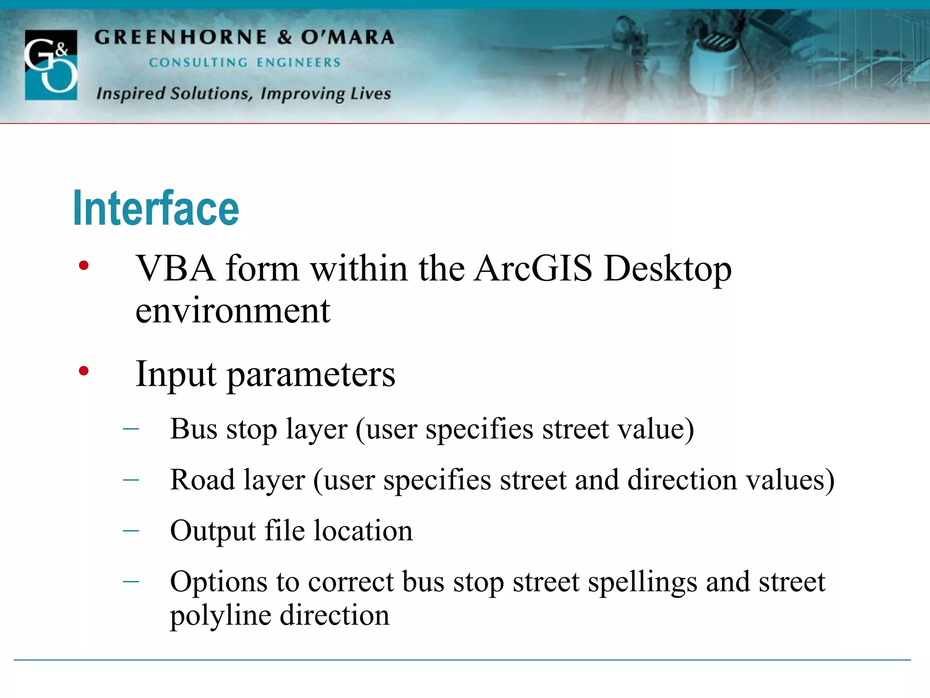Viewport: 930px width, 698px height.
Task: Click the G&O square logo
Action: coord(51,65)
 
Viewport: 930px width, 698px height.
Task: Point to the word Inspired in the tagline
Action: coord(131,93)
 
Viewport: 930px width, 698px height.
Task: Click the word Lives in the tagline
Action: coord(371,93)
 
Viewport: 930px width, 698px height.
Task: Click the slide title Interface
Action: coord(156,209)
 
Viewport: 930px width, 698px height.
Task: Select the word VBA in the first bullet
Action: coord(176,268)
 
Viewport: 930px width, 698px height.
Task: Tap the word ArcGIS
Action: coord(533,268)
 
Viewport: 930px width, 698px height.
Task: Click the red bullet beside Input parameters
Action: coord(84,371)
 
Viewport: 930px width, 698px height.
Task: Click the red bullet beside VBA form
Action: coord(84,265)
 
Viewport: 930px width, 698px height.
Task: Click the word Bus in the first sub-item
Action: coord(194,429)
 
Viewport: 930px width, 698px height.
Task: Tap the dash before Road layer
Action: coord(131,479)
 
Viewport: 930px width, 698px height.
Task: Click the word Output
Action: coord(213,531)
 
